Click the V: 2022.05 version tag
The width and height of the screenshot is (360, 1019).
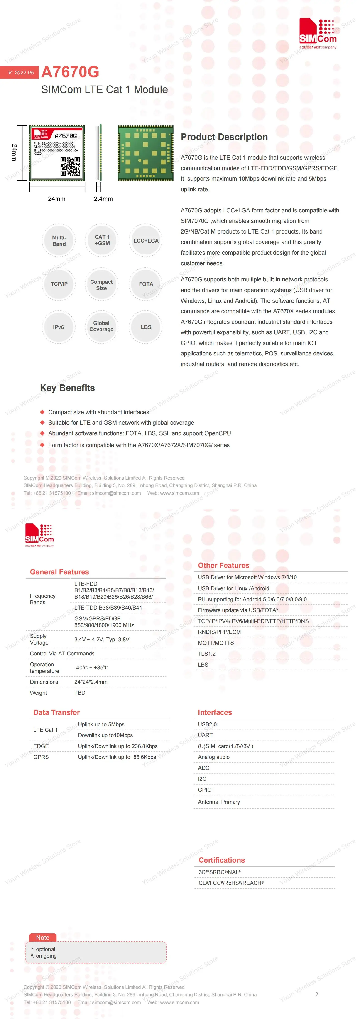coord(21,72)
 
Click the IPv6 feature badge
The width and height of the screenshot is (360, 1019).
coord(59,327)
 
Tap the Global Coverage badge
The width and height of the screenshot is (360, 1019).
coord(101,326)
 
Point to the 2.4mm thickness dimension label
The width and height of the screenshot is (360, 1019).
coord(103,199)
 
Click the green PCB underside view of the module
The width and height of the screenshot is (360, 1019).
coord(145,153)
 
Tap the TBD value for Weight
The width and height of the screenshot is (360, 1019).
coord(80,693)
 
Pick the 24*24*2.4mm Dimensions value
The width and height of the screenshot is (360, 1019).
coord(91,682)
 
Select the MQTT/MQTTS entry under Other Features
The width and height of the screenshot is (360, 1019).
coord(216,643)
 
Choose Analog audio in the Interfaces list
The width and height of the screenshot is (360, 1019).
coord(214,757)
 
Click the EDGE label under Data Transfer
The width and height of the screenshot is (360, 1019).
coord(41,746)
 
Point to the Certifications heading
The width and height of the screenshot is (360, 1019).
coord(222,860)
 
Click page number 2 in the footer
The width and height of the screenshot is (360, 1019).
coord(316,994)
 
